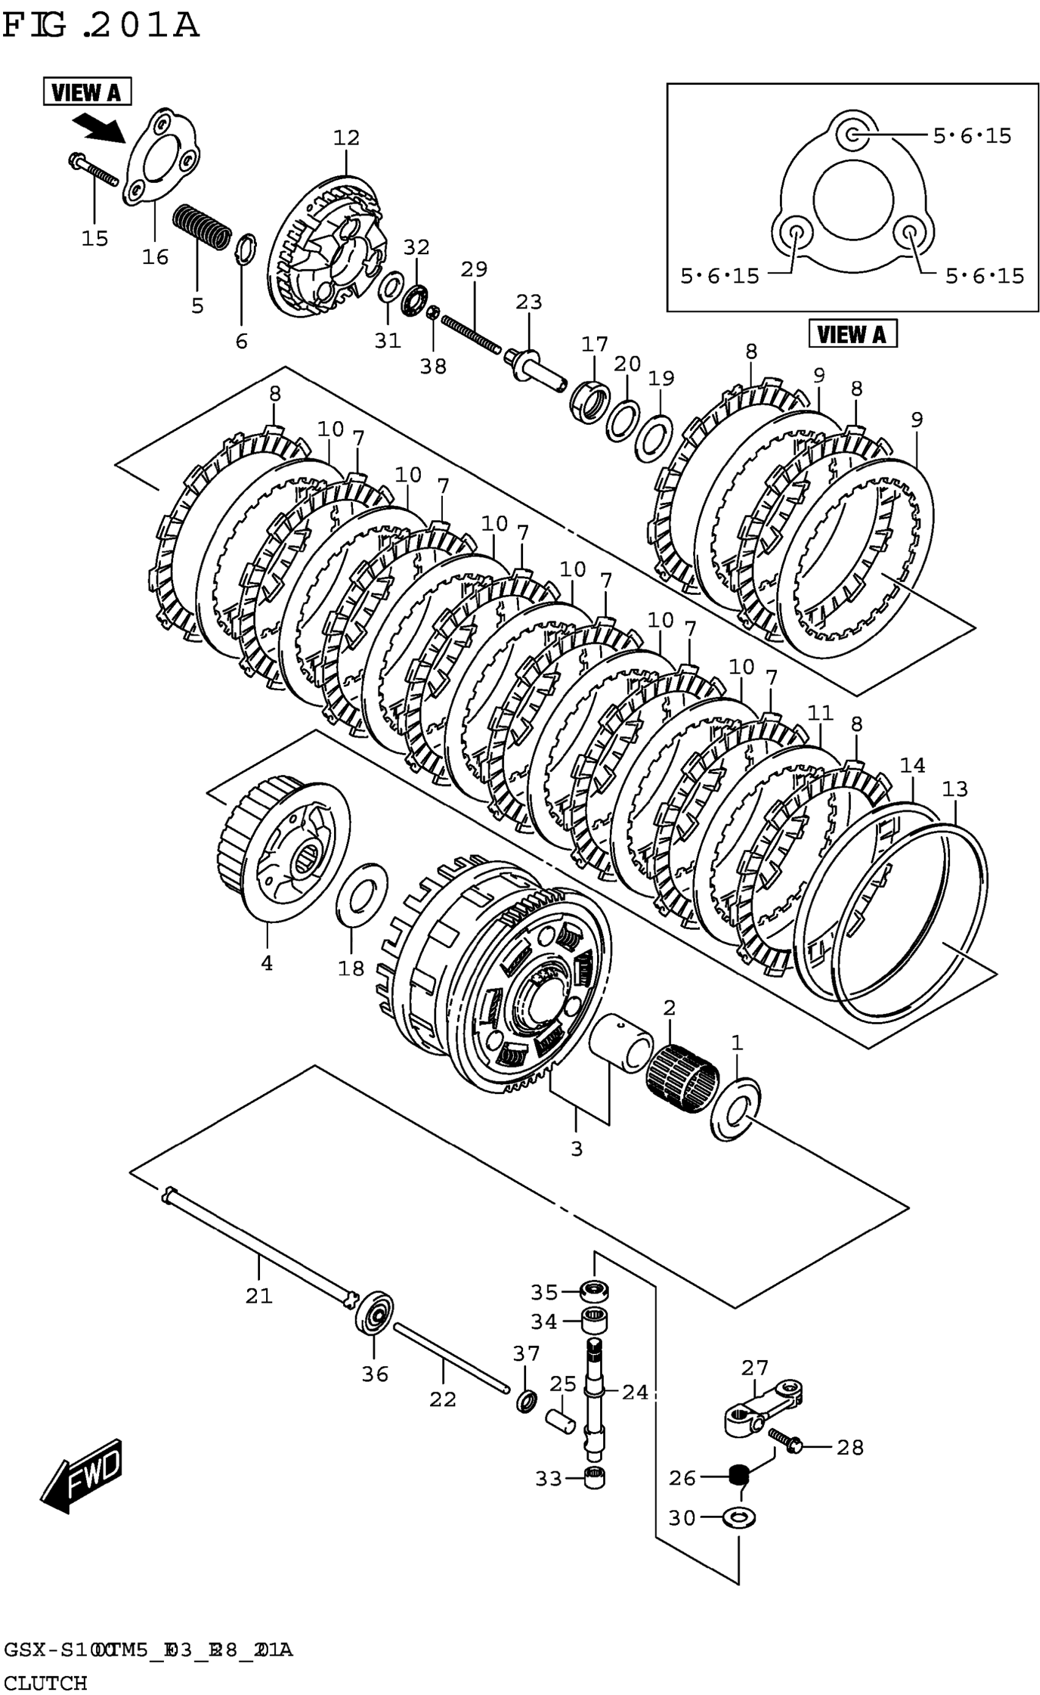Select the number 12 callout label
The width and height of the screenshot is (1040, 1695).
point(346,138)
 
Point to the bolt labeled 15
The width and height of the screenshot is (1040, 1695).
point(94,171)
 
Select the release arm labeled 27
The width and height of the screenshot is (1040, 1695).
point(764,1409)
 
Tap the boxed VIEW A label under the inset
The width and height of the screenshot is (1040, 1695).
point(852,334)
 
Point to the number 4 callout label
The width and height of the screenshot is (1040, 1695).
point(266,963)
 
